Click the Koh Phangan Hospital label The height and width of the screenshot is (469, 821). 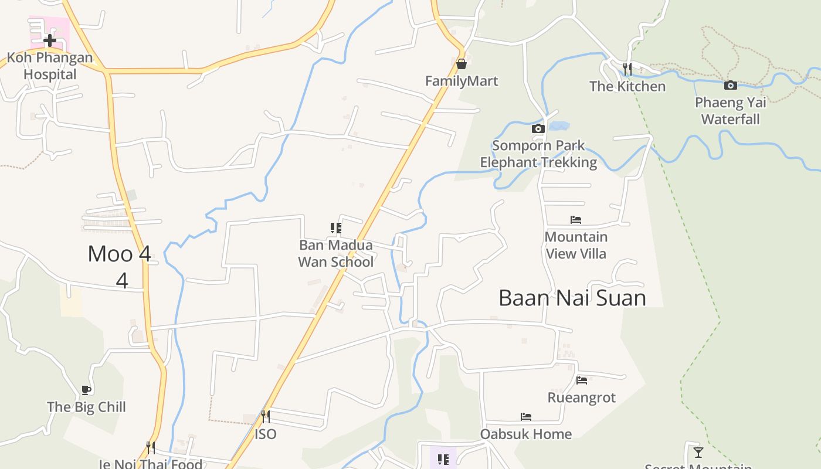[50, 66]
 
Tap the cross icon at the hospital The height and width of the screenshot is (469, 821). [50, 40]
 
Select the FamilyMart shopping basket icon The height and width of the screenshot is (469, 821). [462, 63]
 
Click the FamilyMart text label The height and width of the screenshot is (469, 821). [462, 81]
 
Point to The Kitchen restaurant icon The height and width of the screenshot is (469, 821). [627, 69]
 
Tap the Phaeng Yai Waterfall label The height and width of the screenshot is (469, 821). [730, 111]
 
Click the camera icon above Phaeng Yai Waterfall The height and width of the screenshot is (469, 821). [730, 86]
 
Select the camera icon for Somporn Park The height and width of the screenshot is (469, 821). [538, 128]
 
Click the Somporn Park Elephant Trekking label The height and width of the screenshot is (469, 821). [538, 154]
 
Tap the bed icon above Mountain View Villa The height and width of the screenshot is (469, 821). [576, 220]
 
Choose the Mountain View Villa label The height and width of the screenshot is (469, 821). [576, 245]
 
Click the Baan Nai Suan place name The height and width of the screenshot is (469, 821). [572, 298]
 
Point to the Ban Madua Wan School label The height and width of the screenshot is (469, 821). [335, 253]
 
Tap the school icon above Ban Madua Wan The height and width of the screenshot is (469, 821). [335, 227]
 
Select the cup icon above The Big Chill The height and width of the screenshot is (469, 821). [86, 390]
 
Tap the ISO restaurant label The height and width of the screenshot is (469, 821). [265, 434]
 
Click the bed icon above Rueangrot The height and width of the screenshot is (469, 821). [582, 380]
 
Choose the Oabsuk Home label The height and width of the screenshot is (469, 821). [525, 434]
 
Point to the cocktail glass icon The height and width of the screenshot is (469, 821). [698, 452]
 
